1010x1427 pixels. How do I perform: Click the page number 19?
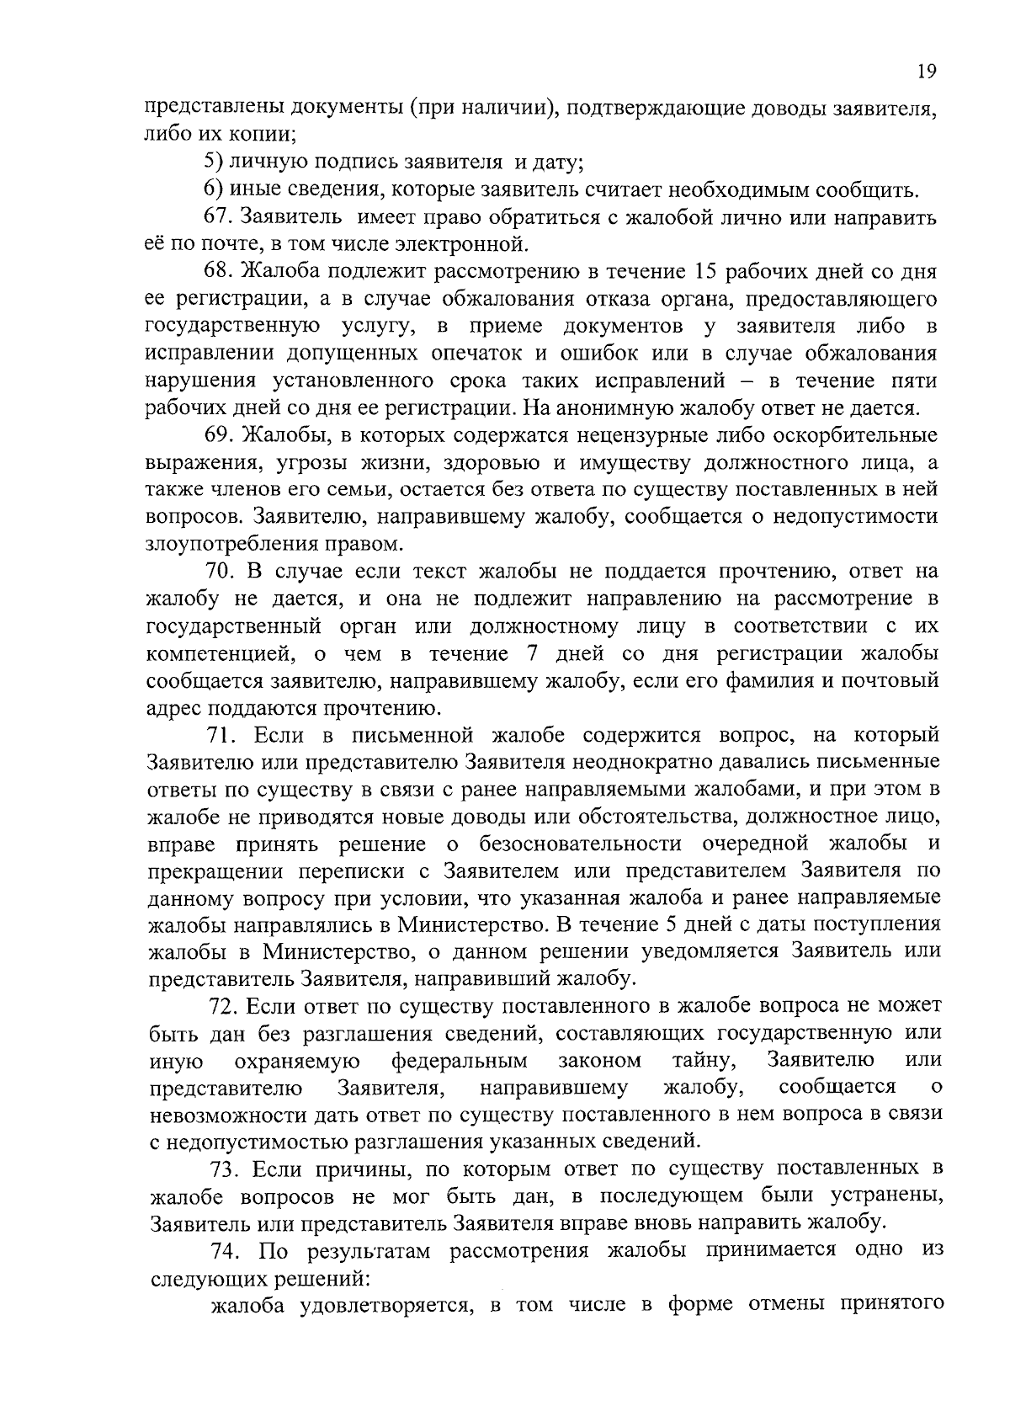pyautogui.click(x=927, y=72)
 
